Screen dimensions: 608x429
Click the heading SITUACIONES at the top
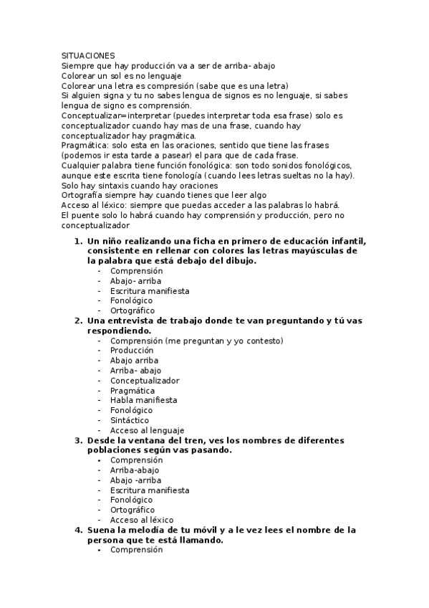coord(88,55)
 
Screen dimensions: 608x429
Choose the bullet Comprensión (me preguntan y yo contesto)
coord(196,341)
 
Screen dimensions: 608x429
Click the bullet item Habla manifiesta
coord(143,400)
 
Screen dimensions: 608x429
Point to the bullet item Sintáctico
coord(130,420)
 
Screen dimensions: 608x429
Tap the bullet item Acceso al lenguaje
coord(142,430)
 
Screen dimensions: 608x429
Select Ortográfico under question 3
coord(132,510)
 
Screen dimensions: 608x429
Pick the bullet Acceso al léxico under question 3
coord(142,520)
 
